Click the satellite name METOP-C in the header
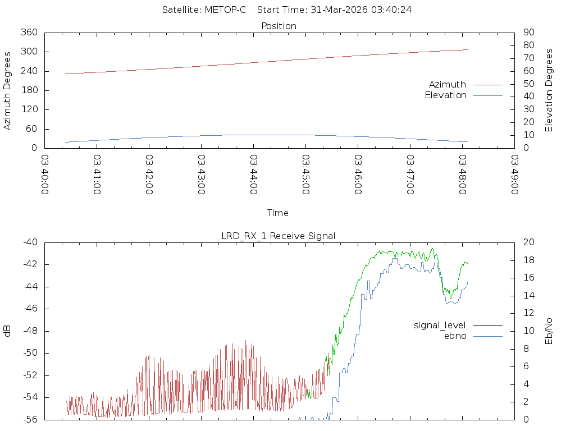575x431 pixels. [226, 10]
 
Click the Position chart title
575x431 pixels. [279, 26]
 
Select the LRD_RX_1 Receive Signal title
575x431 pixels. [279, 236]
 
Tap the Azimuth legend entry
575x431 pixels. [448, 84]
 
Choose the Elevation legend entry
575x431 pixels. [445, 95]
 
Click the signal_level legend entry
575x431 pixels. [440, 325]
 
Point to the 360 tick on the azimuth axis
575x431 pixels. [29, 33]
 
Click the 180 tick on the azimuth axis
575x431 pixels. [29, 90]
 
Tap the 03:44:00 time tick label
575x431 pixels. [254, 175]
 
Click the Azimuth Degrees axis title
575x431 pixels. [7, 90]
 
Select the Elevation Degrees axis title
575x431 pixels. [549, 90]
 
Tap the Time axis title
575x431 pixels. [278, 213]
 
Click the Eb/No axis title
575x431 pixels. [549, 331]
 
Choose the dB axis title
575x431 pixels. [7, 331]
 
